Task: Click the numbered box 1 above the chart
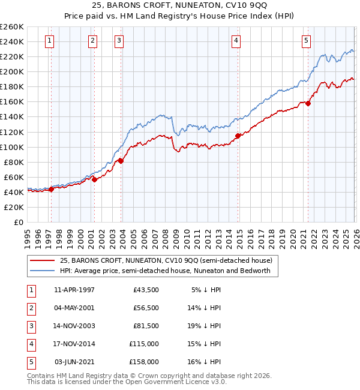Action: point(49,41)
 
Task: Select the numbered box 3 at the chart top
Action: point(119,41)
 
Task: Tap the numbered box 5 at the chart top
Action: point(306,41)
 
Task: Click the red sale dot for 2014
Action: point(238,136)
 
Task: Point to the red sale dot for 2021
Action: point(308,103)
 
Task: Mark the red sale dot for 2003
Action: point(121,161)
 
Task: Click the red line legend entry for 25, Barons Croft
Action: point(166,260)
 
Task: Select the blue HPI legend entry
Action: point(165,271)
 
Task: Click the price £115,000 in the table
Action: point(145,344)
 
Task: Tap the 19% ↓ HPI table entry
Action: point(206,326)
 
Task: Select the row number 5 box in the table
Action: point(30,362)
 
